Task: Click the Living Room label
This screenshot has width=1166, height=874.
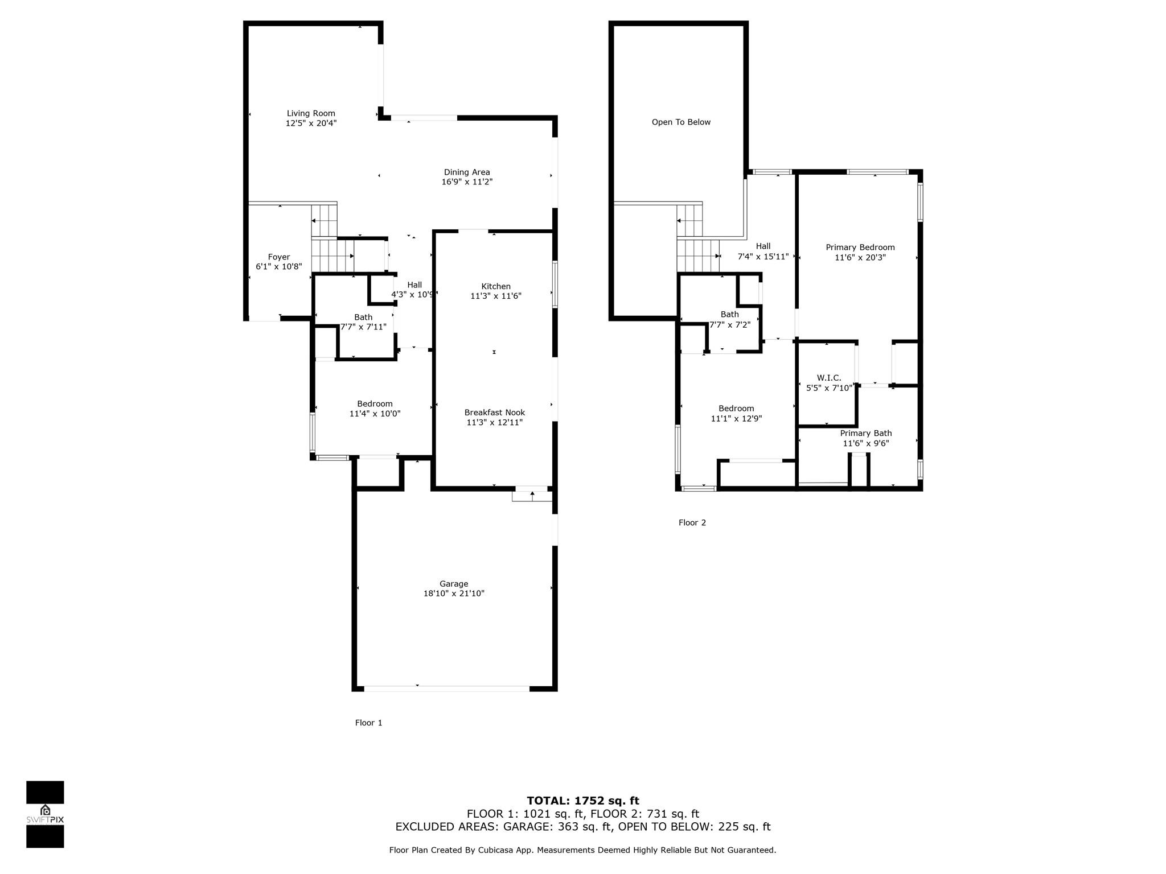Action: coord(311,113)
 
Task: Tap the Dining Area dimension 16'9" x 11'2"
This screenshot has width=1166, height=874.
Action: coord(467,182)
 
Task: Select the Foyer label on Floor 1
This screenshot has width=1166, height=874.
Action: coord(279,257)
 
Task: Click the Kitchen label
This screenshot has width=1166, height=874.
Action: coord(496,286)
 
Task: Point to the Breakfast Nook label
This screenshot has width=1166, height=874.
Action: coord(494,413)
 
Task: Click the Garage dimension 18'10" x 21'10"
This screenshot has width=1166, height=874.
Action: coord(454,593)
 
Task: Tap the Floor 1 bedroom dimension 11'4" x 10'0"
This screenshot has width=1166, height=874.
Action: coord(375,414)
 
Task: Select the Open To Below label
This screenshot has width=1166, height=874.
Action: coord(681,122)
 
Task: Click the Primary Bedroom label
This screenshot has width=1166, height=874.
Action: coord(860,248)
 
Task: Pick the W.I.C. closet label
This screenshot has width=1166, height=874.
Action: coord(828,378)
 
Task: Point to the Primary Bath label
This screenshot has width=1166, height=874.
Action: coord(865,434)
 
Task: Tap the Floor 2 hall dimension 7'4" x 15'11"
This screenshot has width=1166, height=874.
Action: coord(763,257)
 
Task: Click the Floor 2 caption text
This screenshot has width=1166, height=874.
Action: coord(692,522)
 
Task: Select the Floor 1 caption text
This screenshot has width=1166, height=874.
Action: coord(368,723)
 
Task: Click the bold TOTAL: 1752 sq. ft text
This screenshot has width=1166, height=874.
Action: coord(582,801)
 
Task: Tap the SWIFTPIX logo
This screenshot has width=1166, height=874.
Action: coord(45,814)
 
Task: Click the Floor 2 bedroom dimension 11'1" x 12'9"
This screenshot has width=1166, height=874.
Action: coord(736,419)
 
